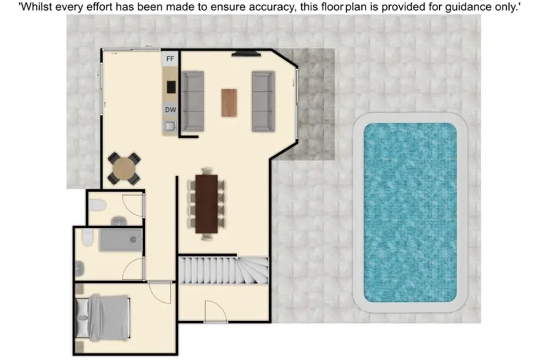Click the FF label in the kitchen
tap(171, 59)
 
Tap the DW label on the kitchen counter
tap(171, 110)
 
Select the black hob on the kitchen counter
tap(171, 86)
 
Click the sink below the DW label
tap(170, 126)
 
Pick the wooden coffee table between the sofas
tap(228, 102)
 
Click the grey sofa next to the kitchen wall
tap(192, 101)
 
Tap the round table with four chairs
tap(124, 169)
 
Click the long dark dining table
tap(207, 204)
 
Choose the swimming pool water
tap(410, 211)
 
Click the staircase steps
tap(222, 271)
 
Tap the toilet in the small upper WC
tap(99, 206)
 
